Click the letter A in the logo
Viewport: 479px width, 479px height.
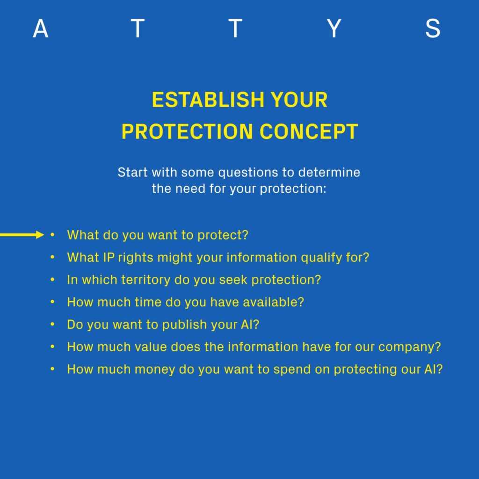[x=40, y=29]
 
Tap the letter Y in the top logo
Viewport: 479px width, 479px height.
[x=334, y=29]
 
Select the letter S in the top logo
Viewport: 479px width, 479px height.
[x=433, y=29]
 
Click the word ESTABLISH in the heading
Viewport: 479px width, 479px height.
[x=208, y=100]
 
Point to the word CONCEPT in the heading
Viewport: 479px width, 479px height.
[x=309, y=131]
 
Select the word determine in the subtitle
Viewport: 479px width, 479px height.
[x=329, y=172]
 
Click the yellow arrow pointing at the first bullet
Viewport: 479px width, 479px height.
[x=22, y=235]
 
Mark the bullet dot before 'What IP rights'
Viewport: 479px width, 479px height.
[x=52, y=257]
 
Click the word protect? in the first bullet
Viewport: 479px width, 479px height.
[x=223, y=235]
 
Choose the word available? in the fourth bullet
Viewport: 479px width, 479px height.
[x=273, y=302]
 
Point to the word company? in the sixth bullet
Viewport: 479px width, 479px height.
[x=410, y=347]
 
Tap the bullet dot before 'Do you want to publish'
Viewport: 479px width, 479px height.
[x=52, y=324]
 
